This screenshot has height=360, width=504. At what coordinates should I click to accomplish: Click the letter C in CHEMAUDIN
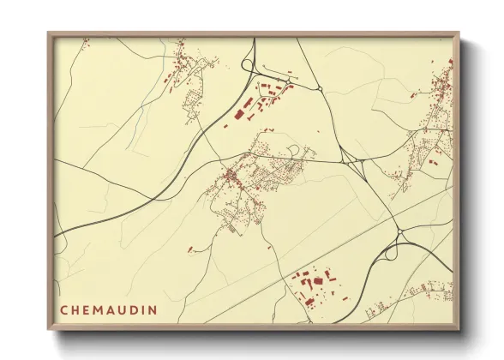click(63, 310)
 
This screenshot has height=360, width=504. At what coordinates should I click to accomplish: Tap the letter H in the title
click(75, 310)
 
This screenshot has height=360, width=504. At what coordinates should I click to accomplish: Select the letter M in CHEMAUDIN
click(100, 310)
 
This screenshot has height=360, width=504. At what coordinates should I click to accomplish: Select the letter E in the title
click(87, 310)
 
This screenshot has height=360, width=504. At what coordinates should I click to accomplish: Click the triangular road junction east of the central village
click(352, 158)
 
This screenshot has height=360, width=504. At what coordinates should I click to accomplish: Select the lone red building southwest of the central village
click(189, 249)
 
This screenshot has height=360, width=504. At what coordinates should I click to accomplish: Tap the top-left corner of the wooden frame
click(50, 34)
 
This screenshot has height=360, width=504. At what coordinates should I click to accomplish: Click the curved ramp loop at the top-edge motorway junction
click(248, 63)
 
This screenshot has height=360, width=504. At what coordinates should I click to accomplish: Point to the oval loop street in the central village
click(294, 152)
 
